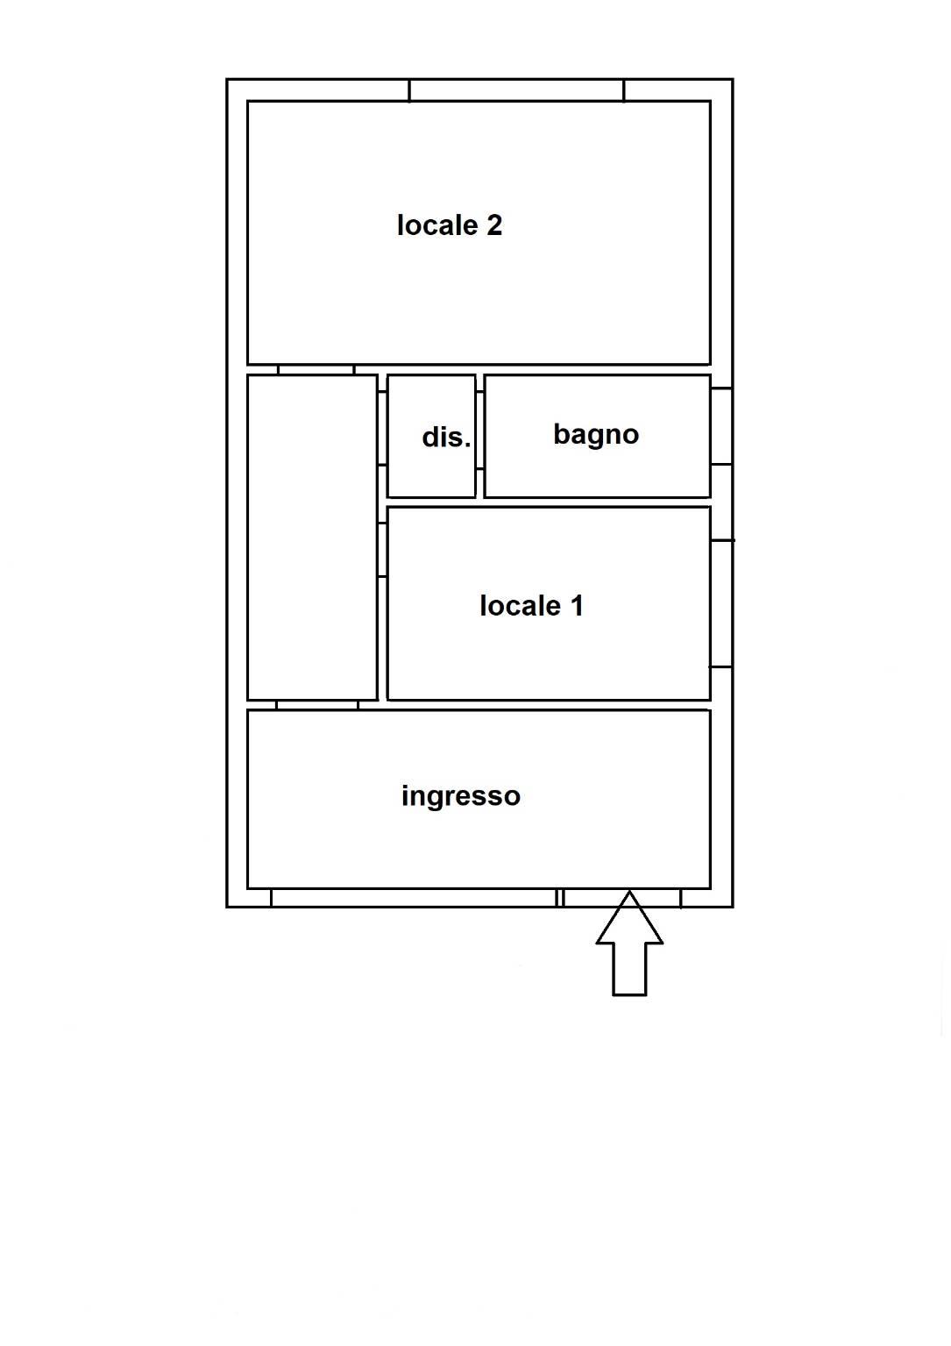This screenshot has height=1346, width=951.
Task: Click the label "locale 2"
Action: (x=450, y=225)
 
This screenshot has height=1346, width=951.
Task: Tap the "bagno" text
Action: (x=596, y=434)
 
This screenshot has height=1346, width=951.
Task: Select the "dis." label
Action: (x=446, y=437)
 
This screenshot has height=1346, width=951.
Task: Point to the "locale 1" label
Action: (x=531, y=606)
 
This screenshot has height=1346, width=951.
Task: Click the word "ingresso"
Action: (x=461, y=797)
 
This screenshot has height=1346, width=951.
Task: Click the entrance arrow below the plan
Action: (x=629, y=944)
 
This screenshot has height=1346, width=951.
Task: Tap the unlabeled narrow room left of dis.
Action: (x=312, y=538)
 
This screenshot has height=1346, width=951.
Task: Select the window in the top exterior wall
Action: (x=516, y=90)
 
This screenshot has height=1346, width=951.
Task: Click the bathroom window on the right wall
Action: (x=721, y=426)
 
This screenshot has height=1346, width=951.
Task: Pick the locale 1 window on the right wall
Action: (x=721, y=603)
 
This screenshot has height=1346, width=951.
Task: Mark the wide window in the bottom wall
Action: (x=414, y=898)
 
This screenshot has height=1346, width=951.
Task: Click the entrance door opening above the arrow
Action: (x=621, y=898)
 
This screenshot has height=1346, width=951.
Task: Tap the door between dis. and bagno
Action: (x=480, y=431)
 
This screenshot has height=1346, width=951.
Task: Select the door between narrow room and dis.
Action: (x=383, y=428)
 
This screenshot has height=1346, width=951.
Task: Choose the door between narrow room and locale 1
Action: (x=383, y=550)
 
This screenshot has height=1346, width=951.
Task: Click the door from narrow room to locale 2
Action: (x=316, y=369)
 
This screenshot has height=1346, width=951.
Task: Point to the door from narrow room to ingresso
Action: (x=317, y=706)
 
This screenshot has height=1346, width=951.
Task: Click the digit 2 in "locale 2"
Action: (x=493, y=225)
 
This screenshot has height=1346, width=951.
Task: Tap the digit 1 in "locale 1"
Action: (x=578, y=606)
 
